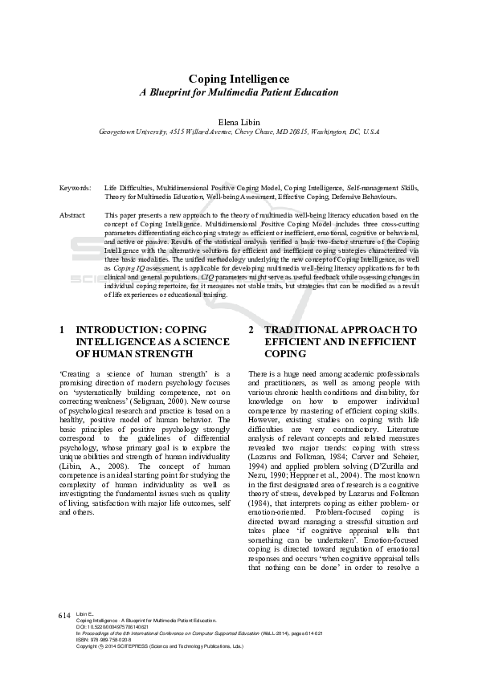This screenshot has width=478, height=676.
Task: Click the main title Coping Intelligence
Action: [239, 79]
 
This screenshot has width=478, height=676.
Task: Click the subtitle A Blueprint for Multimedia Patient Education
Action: [239, 92]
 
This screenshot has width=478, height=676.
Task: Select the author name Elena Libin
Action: [239, 120]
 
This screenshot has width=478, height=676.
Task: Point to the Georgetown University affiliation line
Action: [239, 131]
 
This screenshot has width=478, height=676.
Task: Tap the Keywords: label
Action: [75, 188]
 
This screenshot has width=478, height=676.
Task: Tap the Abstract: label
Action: [73, 215]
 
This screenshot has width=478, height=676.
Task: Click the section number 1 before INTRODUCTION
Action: [63, 330]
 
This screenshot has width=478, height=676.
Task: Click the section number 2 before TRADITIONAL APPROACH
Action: [251, 330]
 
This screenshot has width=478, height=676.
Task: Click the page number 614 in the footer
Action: [65, 615]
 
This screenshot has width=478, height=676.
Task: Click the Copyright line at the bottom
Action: [161, 645]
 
